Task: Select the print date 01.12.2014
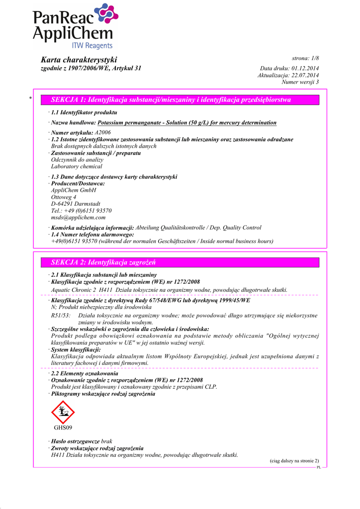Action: [305, 68]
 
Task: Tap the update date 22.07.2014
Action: [305, 75]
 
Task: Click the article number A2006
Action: [102, 133]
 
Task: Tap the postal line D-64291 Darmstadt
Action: [76, 204]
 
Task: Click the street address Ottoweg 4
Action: [64, 197]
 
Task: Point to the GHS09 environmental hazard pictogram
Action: [63, 412]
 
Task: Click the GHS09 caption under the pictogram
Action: [63, 427]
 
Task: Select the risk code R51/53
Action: [61, 316]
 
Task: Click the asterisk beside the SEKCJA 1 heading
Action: [30, 99]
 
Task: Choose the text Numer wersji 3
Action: [300, 82]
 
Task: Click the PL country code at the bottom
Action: [319, 468]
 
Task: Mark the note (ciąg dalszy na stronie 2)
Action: [294, 461]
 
